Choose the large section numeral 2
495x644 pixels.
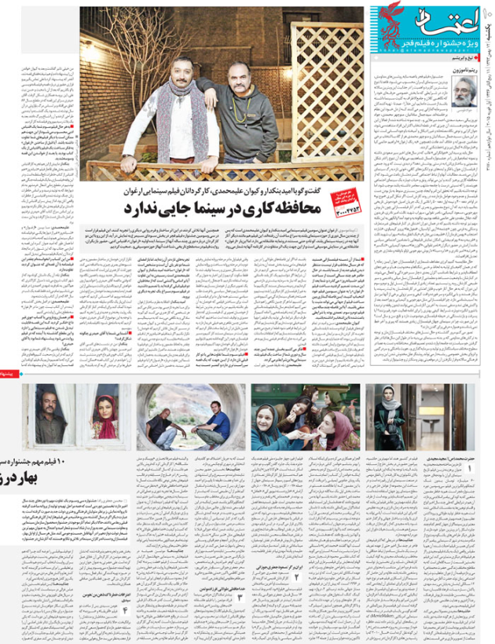[298, 577]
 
